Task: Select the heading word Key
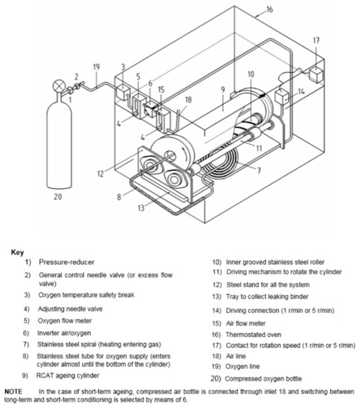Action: coord(18,252)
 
